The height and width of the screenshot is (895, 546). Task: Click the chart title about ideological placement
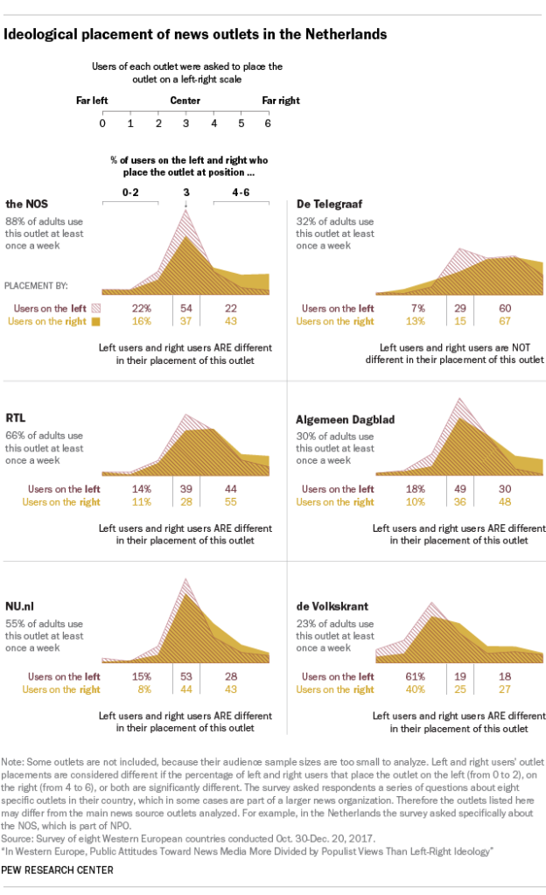pos(196,35)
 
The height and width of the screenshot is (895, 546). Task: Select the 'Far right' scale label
pos(281,101)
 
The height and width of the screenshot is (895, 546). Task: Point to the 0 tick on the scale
pos(102,122)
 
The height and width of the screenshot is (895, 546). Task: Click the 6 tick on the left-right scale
pos(268,122)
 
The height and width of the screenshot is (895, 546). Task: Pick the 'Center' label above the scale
pos(185,101)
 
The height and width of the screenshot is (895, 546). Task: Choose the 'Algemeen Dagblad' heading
pos(345,420)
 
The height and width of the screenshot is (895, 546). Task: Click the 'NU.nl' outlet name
pos(23,606)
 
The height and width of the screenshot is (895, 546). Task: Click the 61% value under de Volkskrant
pos(415,677)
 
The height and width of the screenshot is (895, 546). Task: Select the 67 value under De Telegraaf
pos(506,321)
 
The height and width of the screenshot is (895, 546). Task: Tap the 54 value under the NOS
pos(185,308)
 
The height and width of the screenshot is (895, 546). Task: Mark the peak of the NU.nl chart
pos(185,581)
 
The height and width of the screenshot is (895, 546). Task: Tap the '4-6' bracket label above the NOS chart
pos(240,192)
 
